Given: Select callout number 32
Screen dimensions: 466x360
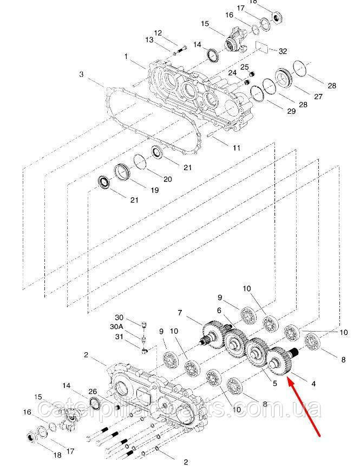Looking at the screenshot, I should coord(283,51).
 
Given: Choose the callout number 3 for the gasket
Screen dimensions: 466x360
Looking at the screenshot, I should coord(81,74).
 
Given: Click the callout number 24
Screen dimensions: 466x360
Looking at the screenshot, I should coord(232,73).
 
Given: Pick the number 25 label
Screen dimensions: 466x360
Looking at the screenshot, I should coord(244,67).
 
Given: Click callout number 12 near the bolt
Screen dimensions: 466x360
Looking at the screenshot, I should coord(158,34).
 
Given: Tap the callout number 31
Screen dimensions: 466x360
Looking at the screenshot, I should coord(119,336).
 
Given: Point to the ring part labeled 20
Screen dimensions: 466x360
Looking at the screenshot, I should coord(140,162).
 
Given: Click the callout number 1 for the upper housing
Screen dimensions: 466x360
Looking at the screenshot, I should coord(126,56).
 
